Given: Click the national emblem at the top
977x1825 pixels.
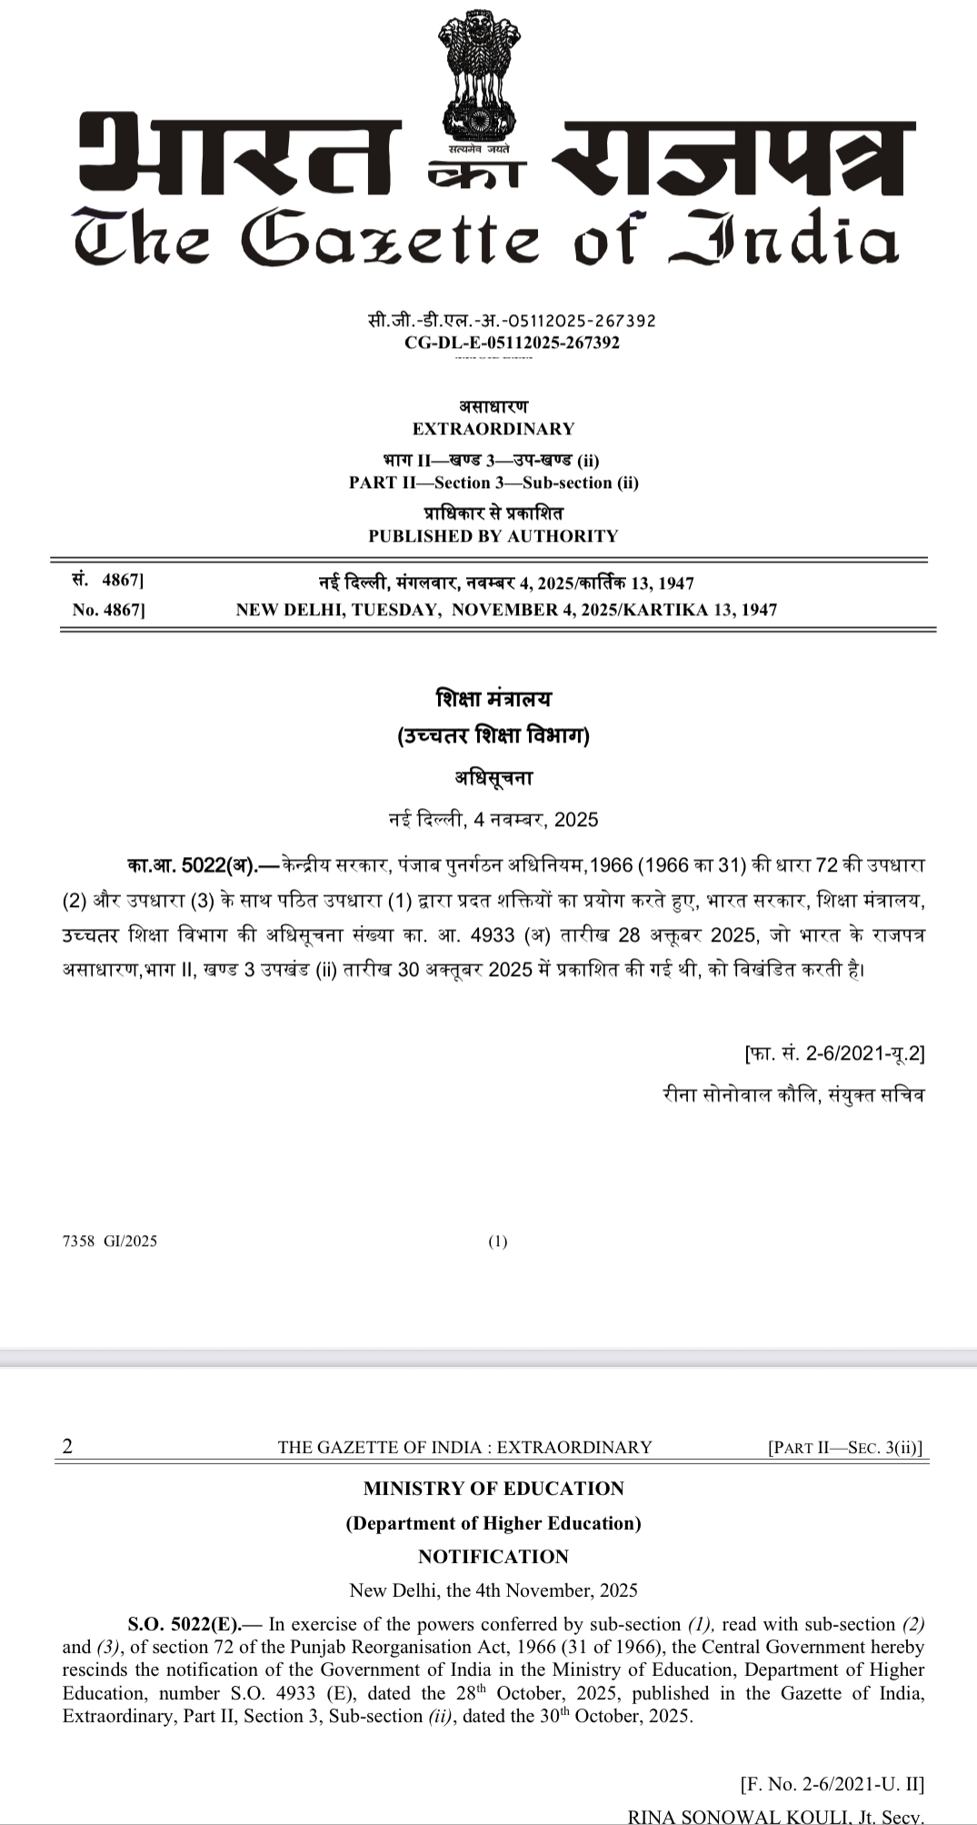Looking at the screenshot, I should (x=478, y=82).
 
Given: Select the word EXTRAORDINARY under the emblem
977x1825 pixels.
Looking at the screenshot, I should (x=493, y=429).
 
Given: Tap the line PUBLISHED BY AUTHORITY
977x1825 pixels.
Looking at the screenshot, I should (x=493, y=536).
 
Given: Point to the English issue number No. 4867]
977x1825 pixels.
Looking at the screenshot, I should (x=108, y=610).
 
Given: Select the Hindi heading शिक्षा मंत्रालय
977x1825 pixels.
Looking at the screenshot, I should (x=493, y=699).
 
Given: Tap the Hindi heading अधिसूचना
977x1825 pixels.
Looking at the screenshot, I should (x=493, y=778).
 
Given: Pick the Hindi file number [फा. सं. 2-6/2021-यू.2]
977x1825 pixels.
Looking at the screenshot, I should (x=834, y=1054).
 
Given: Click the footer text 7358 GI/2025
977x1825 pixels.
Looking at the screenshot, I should (x=110, y=1242).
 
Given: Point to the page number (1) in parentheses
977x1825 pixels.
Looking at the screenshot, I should (x=498, y=1242).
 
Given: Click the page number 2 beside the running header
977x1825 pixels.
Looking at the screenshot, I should (x=67, y=1447).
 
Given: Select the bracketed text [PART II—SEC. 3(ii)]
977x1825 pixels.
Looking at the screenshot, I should (x=845, y=1448).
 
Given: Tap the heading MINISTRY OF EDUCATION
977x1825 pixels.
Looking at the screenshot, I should (x=493, y=1489).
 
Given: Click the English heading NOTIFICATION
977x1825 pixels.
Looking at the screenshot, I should (x=493, y=1557).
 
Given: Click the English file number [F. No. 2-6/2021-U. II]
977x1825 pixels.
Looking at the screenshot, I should (x=832, y=1784).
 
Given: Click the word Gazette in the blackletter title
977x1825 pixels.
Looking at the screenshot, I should (x=391, y=239).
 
